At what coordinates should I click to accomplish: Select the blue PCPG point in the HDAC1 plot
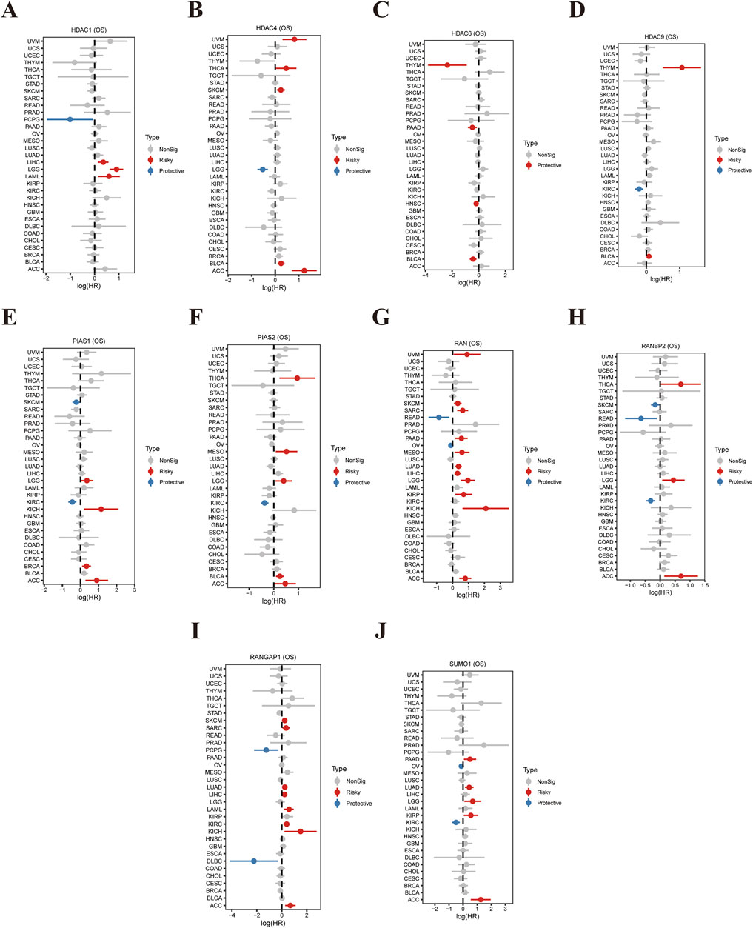(70, 119)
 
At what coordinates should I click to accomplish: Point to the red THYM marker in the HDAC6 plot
(447, 65)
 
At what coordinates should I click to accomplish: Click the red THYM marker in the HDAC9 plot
(681, 67)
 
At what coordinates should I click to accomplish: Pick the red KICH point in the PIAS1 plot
(101, 509)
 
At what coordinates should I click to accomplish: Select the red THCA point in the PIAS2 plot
(297, 378)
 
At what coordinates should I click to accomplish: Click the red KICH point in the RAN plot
(486, 509)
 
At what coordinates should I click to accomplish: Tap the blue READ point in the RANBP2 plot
(641, 418)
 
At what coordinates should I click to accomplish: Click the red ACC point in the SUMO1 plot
(481, 900)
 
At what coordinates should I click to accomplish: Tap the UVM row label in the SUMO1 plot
(413, 675)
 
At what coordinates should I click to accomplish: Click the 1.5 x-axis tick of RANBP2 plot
(704, 584)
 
